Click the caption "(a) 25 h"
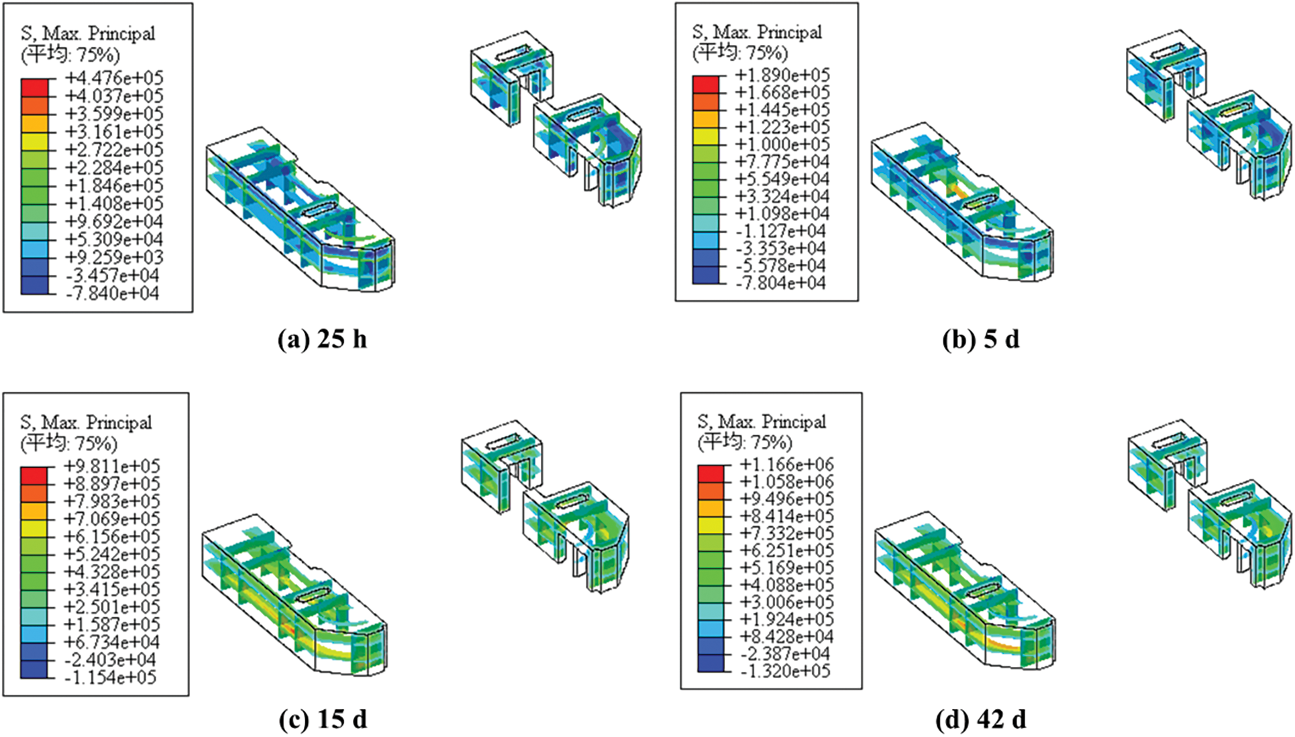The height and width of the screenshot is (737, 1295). [x=322, y=340]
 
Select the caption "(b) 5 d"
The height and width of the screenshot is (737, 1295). [x=980, y=340]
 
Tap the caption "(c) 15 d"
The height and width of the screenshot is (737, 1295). [x=323, y=720]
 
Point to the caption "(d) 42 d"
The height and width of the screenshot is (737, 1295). [x=980, y=720]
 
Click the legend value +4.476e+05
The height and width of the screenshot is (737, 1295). [x=113, y=78]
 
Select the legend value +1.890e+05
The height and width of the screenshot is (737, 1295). [x=782, y=75]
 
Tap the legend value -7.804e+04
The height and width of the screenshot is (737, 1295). [x=781, y=283]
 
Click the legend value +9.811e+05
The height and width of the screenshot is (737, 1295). [x=111, y=466]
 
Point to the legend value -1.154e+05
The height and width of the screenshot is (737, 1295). [x=111, y=677]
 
